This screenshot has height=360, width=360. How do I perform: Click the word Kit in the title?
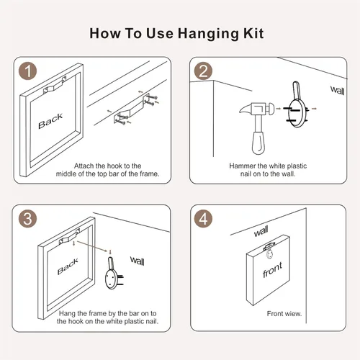click(x=253, y=33)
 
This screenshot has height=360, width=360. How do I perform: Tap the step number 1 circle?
click(x=28, y=71)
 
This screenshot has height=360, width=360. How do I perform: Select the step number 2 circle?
click(x=203, y=71)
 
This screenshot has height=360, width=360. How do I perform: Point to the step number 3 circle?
click(x=28, y=219)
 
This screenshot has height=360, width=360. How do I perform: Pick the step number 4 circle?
click(x=203, y=219)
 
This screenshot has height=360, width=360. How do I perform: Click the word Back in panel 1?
click(x=50, y=121)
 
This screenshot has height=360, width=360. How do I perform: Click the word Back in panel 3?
click(x=68, y=266)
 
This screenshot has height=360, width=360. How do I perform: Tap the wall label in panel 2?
click(x=338, y=91)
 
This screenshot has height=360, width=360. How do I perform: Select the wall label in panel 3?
click(x=138, y=261)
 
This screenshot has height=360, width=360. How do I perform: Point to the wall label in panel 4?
click(x=261, y=231)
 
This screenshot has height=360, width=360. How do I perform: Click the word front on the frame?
click(x=273, y=270)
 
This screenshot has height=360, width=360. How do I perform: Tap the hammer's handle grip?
click(x=258, y=143)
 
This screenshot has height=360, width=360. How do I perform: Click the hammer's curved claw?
click(x=245, y=109)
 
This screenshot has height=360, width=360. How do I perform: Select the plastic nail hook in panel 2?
click(x=297, y=105)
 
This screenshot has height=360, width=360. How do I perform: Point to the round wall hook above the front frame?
click(x=270, y=254)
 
